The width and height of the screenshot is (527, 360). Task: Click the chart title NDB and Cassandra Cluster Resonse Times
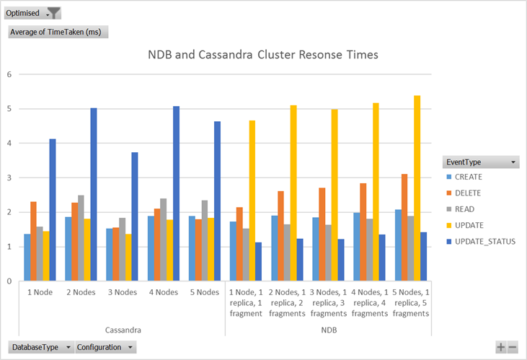point(262,55)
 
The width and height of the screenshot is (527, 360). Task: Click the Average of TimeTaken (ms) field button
point(58,32)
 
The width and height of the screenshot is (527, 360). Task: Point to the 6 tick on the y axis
point(9,74)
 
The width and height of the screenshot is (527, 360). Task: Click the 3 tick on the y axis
point(9,177)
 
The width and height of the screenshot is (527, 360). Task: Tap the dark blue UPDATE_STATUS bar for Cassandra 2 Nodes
point(94,195)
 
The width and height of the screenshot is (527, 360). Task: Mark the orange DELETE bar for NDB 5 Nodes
point(404,227)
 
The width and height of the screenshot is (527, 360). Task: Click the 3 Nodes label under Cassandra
point(119,292)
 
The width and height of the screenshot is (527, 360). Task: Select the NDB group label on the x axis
point(328,329)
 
